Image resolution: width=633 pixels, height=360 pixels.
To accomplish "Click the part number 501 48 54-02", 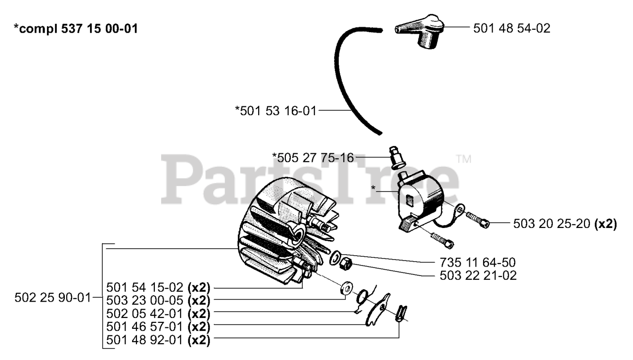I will coord(511,29).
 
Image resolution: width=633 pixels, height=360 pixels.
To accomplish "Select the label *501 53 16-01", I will coord(275,110).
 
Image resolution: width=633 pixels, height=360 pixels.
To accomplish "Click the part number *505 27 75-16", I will coord(313,158).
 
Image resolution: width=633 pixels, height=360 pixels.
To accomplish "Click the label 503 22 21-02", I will coord(478,275).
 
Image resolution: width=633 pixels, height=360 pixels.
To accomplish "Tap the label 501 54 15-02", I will coord(145,287).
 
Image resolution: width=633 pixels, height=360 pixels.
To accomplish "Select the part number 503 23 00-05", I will coord(145,300).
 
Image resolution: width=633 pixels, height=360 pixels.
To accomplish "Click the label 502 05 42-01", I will coord(145,314).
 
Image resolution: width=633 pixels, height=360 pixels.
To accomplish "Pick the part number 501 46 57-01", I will coord(145,327).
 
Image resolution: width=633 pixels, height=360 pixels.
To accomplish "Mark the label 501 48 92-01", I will coord(145,340).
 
